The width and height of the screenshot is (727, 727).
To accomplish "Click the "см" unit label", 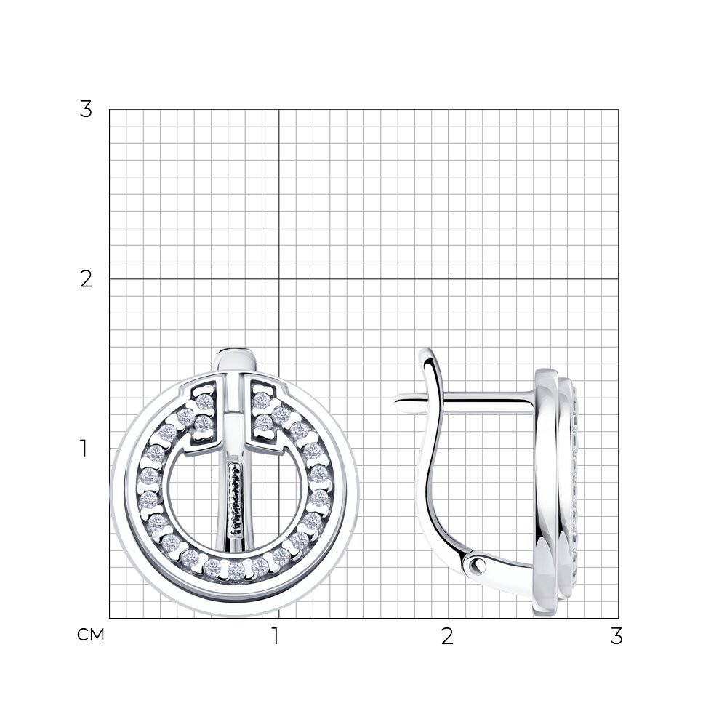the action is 90,635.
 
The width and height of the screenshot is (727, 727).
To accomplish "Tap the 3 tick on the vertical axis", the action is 86,110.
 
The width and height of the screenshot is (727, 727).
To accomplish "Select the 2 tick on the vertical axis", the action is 87,279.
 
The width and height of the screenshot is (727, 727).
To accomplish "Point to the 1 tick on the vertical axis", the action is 84,449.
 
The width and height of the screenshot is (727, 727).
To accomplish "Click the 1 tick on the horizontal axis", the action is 276,636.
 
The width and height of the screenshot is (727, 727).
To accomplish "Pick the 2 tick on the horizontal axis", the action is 447,636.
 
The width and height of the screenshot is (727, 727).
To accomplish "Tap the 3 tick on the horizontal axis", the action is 616,636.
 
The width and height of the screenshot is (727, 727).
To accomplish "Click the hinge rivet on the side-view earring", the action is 476,564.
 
